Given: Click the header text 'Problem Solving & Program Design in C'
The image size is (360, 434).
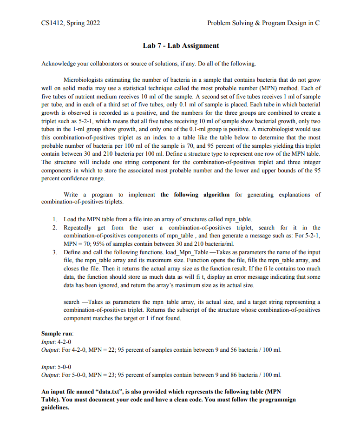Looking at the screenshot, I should click(263, 23).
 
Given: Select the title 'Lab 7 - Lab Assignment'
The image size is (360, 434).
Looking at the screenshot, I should click(181, 46).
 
